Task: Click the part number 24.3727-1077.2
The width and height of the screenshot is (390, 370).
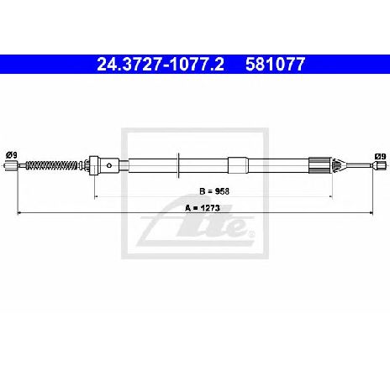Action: pyautogui.click(x=161, y=65)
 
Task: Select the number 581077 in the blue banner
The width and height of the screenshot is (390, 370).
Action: pyautogui.click(x=275, y=65)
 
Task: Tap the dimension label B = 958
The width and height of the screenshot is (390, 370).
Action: pyautogui.click(x=214, y=191)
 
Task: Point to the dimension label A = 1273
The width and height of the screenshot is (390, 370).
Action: pyautogui.click(x=203, y=208)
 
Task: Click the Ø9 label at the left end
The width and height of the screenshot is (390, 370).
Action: pyautogui.click(x=12, y=154)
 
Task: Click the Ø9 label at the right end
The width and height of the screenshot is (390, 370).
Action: pyautogui.click(x=381, y=156)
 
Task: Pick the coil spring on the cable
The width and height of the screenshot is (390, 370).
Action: pyautogui.click(x=51, y=165)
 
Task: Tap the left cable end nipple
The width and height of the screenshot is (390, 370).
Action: pyautogui.click(x=12, y=165)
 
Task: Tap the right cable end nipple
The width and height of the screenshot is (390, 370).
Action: pyautogui.click(x=380, y=165)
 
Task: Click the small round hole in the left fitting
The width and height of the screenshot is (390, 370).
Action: pyautogui.click(x=109, y=165)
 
